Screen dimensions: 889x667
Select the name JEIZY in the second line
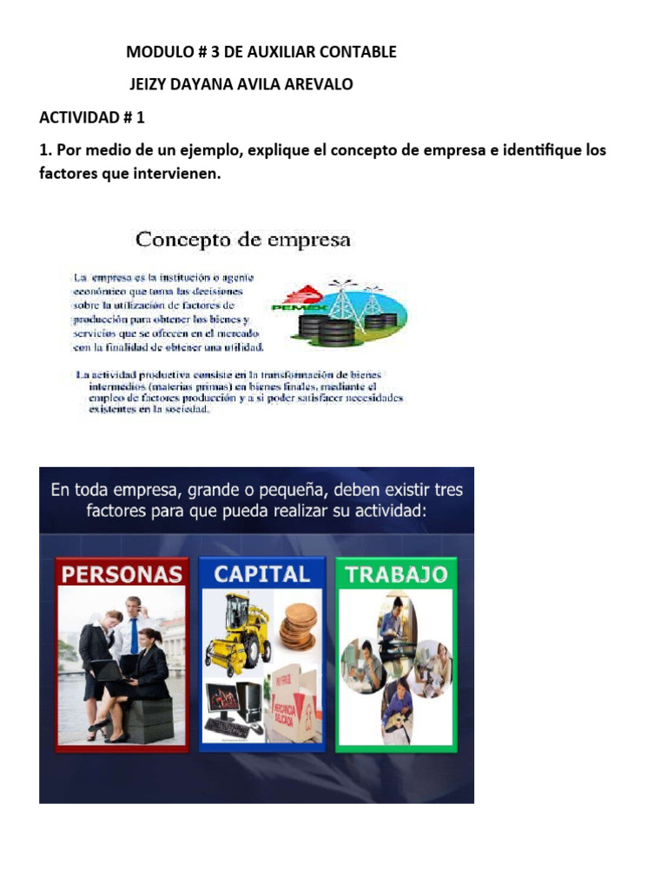(152, 84)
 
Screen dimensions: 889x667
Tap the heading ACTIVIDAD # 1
(92, 117)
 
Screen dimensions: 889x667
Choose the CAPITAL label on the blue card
(261, 574)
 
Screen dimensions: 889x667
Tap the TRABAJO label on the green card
(396, 574)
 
